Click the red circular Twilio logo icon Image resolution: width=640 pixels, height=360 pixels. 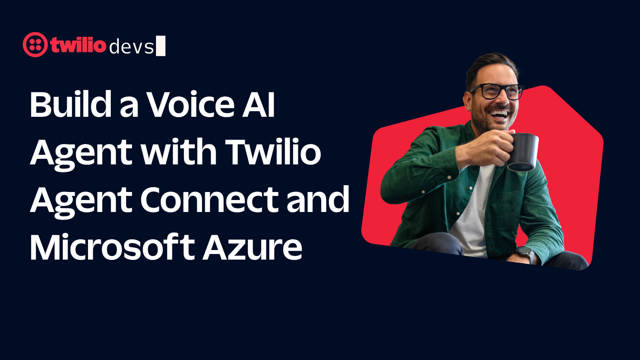(35, 44)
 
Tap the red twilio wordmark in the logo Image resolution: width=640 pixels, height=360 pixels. (78, 44)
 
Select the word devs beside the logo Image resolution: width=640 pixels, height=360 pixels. (132, 47)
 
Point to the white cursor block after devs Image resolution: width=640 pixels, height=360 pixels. (160, 46)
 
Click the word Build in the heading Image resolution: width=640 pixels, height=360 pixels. (70, 104)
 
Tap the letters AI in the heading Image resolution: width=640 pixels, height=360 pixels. (258, 104)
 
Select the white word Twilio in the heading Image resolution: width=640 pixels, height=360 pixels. (274, 152)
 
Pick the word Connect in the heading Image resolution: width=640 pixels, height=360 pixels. (209, 200)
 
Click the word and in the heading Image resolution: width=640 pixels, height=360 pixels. (318, 199)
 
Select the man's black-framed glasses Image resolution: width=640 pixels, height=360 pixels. (496, 91)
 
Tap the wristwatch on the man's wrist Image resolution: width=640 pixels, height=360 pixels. (526, 254)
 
